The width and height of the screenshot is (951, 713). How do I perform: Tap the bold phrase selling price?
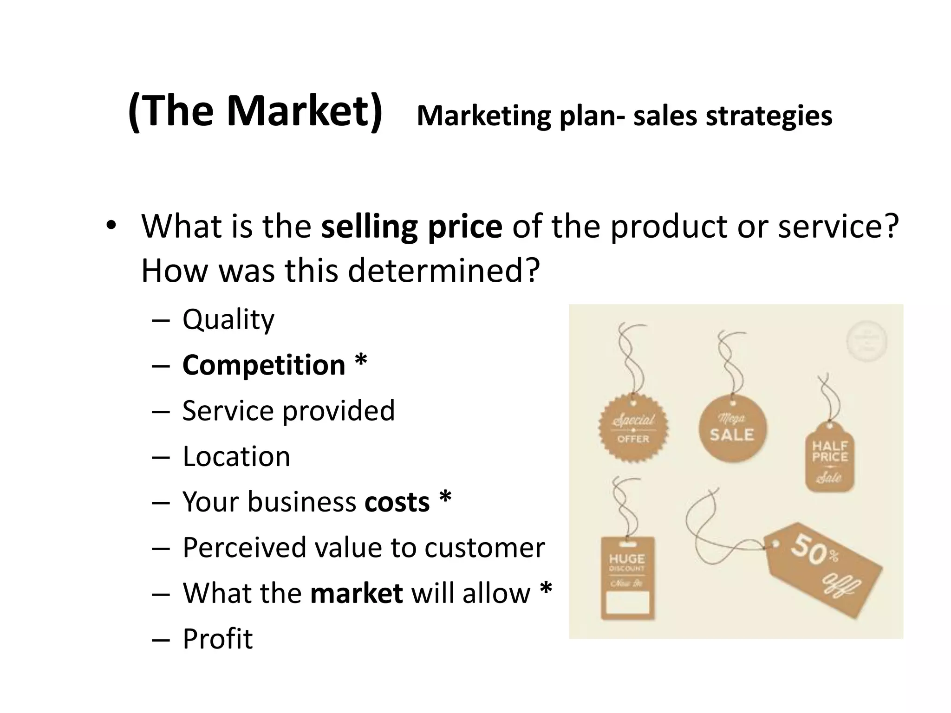(411, 227)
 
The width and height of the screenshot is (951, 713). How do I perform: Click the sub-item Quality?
(228, 320)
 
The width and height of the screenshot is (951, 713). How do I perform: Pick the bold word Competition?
(264, 365)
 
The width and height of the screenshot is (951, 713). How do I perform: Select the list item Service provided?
(288, 411)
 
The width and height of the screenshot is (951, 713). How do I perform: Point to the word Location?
(236, 456)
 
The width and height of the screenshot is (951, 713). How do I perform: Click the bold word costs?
(397, 502)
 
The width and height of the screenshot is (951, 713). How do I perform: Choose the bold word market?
(356, 593)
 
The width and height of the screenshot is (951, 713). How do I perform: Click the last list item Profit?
(217, 639)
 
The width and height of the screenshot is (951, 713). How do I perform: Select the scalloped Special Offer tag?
(633, 428)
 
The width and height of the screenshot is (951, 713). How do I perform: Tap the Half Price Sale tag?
(829, 458)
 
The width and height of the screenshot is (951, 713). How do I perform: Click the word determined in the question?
(443, 271)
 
